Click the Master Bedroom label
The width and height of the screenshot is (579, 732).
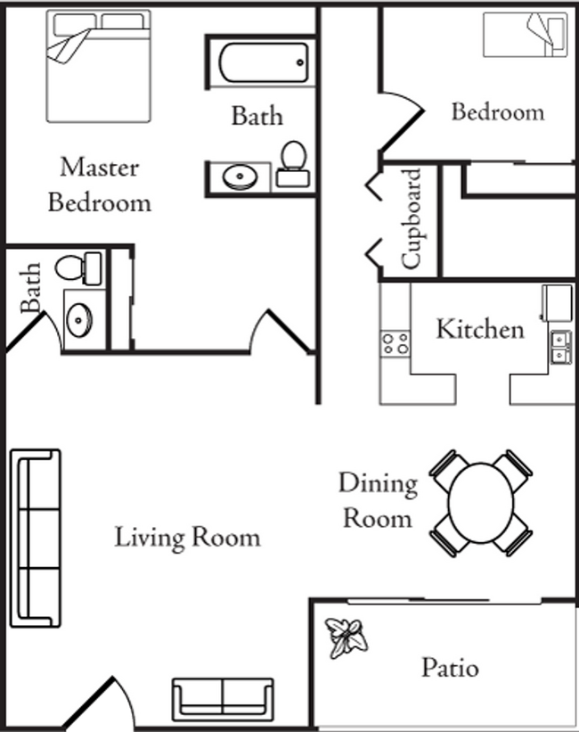99,185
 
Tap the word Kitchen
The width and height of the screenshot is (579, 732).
479,329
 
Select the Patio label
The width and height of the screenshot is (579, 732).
450,667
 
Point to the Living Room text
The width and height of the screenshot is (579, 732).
187,538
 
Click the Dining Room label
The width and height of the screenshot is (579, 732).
377,499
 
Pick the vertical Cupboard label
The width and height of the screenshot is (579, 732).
411,218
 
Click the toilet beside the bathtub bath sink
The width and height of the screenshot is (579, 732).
291,164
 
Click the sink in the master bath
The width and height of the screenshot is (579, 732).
78,318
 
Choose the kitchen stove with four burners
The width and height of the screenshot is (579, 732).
396,342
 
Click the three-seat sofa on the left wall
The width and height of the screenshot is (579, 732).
35,538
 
